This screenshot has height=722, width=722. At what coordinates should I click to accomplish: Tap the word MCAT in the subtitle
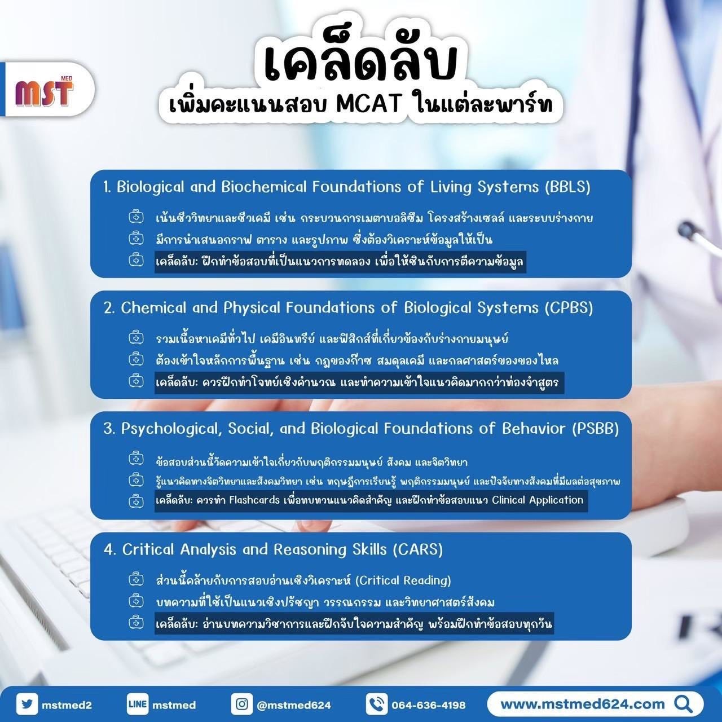pos(369,105)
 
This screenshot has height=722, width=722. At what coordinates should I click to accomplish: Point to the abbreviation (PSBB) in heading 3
pos(595,429)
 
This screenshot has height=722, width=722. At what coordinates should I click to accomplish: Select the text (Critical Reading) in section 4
pos(403,580)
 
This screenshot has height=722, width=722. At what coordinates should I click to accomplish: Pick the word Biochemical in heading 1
pos(264,187)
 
